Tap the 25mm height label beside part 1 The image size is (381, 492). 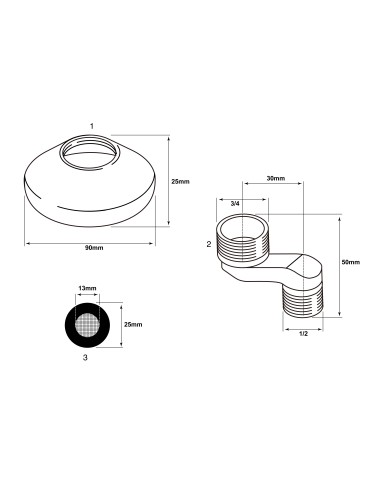pyautogui.click(x=180, y=181)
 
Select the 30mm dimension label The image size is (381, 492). pyautogui.click(x=276, y=178)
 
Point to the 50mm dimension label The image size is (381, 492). pyautogui.click(x=351, y=262)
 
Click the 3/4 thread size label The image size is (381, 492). pyautogui.click(x=235, y=203)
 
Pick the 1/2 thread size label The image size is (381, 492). pyautogui.click(x=303, y=334)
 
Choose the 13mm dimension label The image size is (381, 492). pyautogui.click(x=87, y=288)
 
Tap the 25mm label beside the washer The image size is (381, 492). pyautogui.click(x=133, y=324)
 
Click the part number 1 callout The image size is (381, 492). pyautogui.click(x=92, y=126)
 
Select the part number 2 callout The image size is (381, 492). pyautogui.click(x=209, y=244)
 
